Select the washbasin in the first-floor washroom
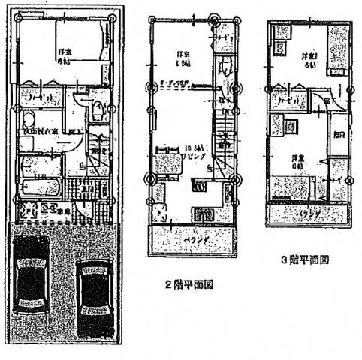(28, 120)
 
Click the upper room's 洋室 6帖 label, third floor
(309, 60)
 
